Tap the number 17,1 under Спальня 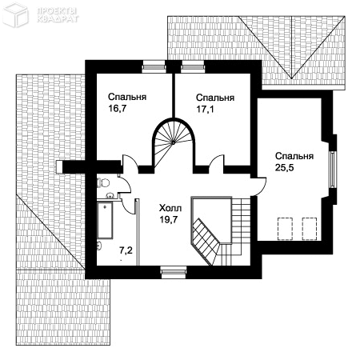(205, 109)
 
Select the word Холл (170, 208)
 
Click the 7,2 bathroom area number (126, 250)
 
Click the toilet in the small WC (103, 182)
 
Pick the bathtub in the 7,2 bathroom (105, 220)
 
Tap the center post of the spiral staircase (174, 143)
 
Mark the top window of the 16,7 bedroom (154, 66)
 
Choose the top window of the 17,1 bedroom (193, 66)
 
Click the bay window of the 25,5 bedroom (333, 170)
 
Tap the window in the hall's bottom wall (174, 272)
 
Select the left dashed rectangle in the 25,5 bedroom (285, 229)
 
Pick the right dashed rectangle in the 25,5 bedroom (310, 229)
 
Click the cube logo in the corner (15, 15)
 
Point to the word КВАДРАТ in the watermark (58, 19)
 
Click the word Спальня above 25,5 (294, 156)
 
